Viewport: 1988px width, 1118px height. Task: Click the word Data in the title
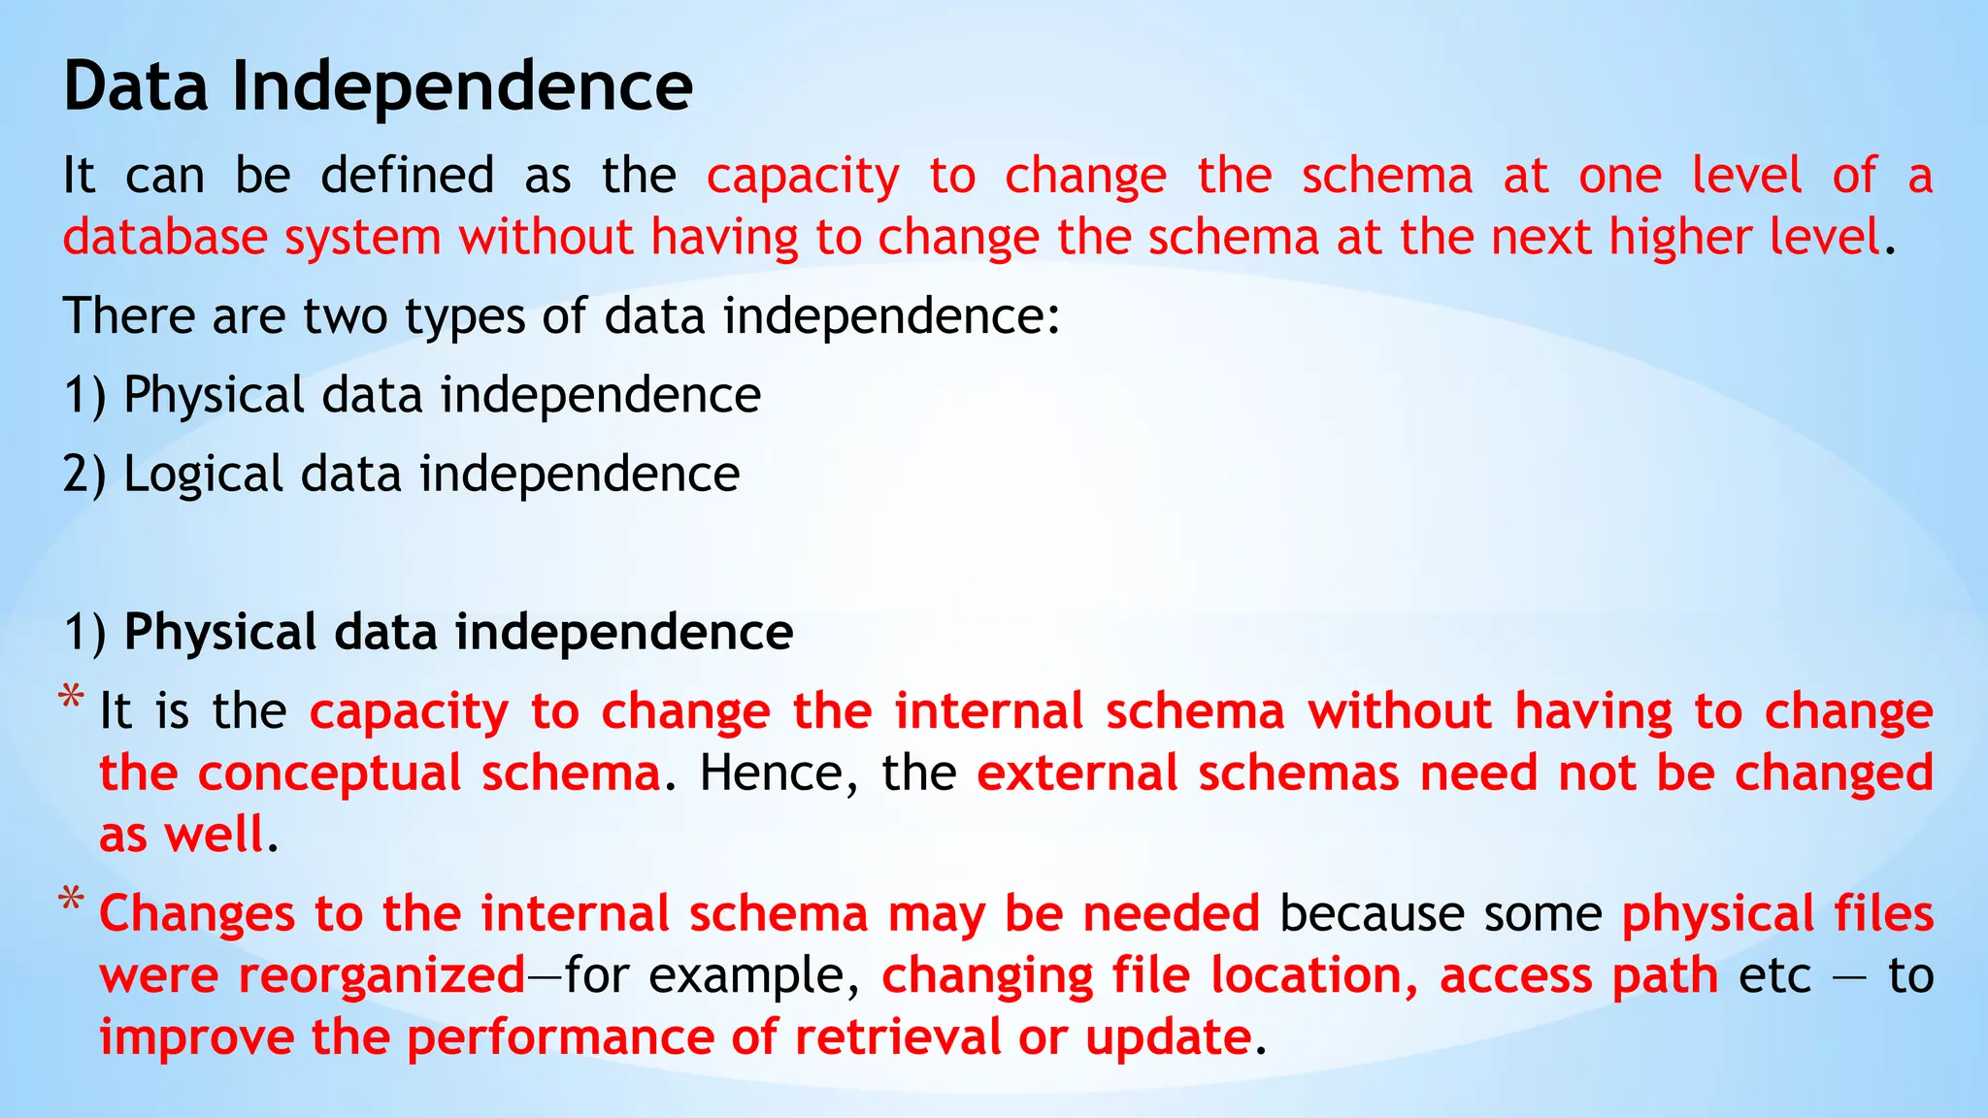click(x=135, y=86)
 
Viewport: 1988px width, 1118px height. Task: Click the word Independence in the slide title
click(x=462, y=86)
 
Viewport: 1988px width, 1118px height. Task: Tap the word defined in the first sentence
click(x=407, y=176)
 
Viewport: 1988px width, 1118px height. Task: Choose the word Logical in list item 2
click(x=203, y=475)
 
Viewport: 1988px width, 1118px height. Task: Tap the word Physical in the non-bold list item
click(x=214, y=396)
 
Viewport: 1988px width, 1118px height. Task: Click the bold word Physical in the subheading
click(x=220, y=632)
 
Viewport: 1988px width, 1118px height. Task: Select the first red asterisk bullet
click(x=70, y=698)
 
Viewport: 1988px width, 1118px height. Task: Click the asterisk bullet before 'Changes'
click(x=70, y=900)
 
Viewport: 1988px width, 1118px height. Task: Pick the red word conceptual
click(x=329, y=773)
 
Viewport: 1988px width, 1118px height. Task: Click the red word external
click(x=1077, y=773)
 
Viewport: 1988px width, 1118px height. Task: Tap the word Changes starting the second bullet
click(x=196, y=914)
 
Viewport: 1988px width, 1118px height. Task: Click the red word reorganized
click(x=381, y=975)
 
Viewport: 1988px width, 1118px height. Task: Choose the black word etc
click(x=1774, y=976)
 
